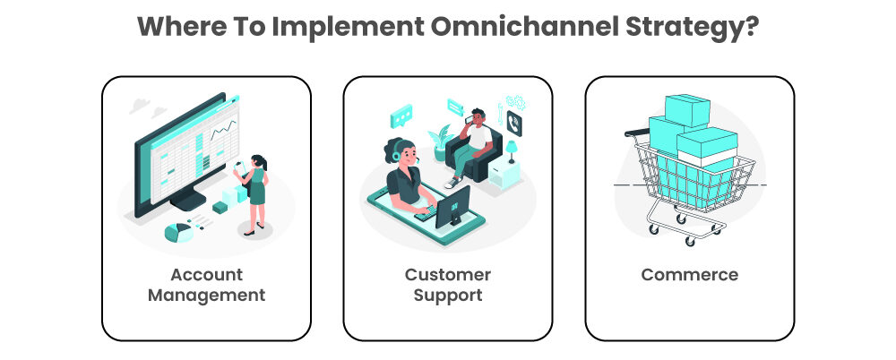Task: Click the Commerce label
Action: click(689, 275)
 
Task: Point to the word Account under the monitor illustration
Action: click(206, 274)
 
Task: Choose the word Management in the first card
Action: click(206, 294)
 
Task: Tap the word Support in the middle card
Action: click(447, 294)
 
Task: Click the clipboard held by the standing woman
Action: click(239, 167)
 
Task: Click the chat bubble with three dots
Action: click(401, 116)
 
